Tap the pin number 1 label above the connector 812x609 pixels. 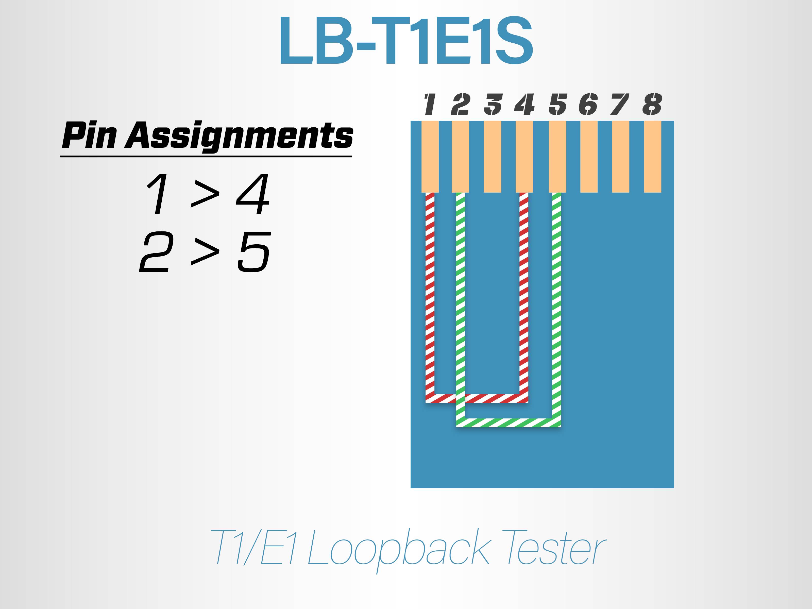430,104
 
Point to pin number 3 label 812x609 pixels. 493,104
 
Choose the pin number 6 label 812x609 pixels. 588,104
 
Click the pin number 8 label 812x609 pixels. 652,104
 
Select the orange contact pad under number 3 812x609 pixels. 493,157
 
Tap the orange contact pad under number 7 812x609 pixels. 621,157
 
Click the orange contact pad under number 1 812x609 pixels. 430,157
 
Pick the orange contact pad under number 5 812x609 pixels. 557,157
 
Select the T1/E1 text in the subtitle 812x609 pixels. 254,547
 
